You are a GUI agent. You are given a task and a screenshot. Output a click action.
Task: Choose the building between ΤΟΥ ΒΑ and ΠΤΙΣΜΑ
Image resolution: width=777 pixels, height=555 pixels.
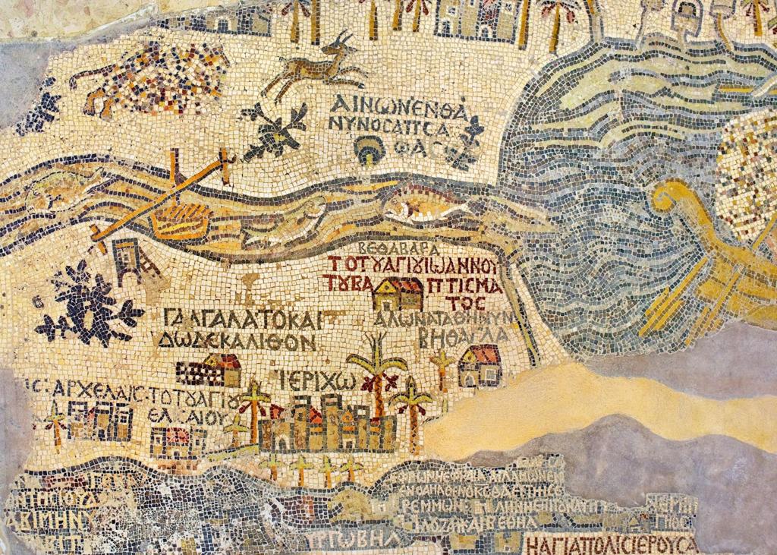(399, 294)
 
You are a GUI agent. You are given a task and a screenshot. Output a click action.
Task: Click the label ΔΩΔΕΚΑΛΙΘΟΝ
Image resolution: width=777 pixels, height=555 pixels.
(237, 342)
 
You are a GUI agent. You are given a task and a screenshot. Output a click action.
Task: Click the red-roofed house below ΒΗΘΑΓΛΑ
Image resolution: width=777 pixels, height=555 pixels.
(480, 365)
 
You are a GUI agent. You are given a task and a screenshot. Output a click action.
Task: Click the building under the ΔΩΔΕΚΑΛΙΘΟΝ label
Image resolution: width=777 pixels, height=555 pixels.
(210, 370)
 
